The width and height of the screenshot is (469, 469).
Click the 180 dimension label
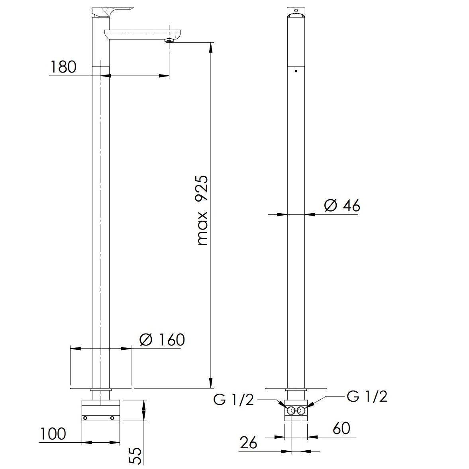click(x=63, y=67)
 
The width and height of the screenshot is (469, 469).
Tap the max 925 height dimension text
click(x=203, y=210)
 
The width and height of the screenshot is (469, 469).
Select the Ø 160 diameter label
click(x=162, y=340)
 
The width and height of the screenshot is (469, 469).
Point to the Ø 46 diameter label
click(x=342, y=206)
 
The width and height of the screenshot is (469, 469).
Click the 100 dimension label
click(x=53, y=434)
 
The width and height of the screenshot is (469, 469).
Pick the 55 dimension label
click(x=136, y=456)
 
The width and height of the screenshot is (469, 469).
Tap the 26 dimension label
click(x=248, y=443)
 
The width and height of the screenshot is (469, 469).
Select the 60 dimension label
click(x=341, y=428)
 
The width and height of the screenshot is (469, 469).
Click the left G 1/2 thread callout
click(x=234, y=399)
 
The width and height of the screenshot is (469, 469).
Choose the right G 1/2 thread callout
click(x=367, y=396)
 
